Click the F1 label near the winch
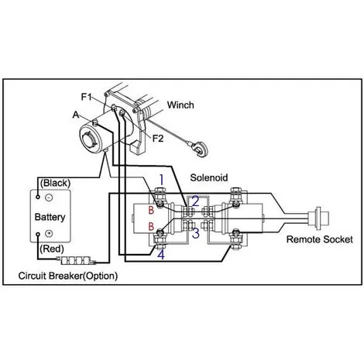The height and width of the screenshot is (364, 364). click(87, 97)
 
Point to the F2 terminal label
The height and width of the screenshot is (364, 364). click(157, 139)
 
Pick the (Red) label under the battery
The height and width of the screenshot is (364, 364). click(52, 250)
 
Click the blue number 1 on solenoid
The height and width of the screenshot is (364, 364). click(160, 180)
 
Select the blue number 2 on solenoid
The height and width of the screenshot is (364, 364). click(195, 201)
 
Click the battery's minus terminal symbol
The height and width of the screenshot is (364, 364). click(49, 198)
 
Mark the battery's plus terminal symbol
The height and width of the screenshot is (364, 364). click(49, 234)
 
